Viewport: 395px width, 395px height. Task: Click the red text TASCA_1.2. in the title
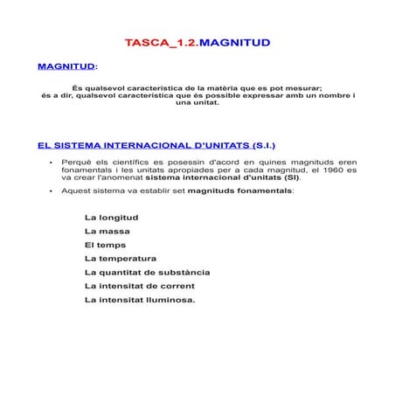point(162,42)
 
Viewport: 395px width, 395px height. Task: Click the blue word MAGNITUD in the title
point(235,42)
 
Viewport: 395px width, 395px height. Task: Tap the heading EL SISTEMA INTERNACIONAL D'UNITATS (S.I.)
point(157,145)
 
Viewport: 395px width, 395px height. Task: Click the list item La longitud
point(111,218)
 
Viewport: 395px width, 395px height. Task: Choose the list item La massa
point(107,232)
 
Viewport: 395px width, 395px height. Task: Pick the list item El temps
point(105,245)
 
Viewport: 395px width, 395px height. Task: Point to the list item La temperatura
point(121,259)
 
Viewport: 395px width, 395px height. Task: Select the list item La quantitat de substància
point(147,272)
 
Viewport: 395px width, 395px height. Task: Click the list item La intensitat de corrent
point(139,286)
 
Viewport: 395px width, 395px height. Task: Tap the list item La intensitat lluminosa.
point(140,300)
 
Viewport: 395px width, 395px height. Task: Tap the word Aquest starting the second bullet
point(76,190)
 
